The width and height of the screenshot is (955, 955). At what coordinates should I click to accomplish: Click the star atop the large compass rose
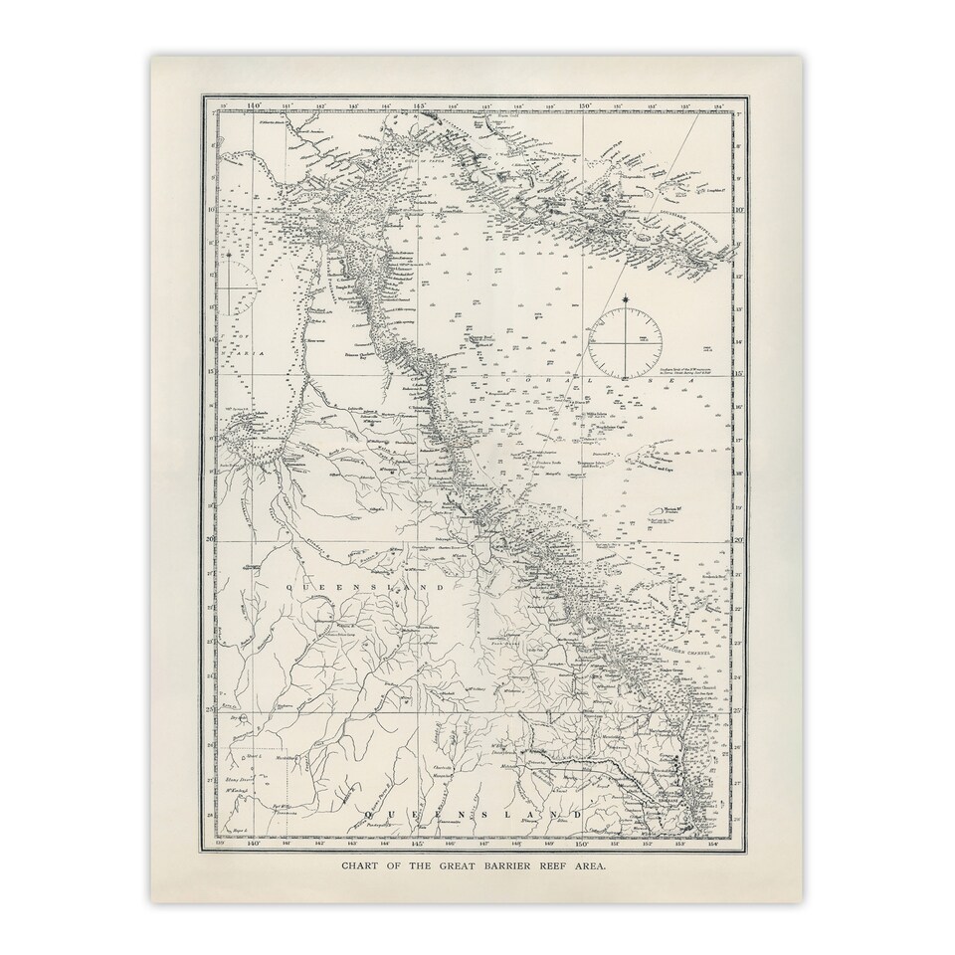click(625, 299)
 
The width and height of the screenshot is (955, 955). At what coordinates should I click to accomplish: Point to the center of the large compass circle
click(625, 343)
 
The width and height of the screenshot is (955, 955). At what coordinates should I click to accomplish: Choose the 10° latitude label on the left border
click(211, 209)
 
